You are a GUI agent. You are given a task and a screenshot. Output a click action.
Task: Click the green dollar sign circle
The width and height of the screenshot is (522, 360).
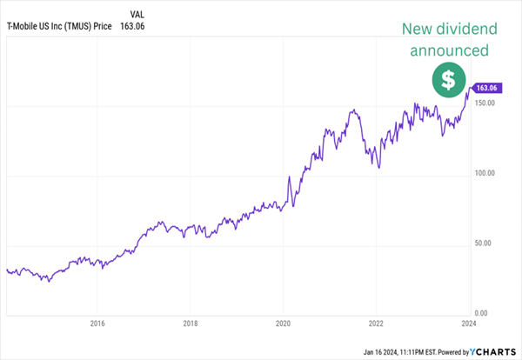[x=448, y=81]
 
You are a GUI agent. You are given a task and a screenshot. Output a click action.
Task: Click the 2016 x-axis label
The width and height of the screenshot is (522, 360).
[x=97, y=325]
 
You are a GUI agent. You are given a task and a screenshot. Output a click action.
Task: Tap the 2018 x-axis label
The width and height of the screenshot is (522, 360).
[x=191, y=325]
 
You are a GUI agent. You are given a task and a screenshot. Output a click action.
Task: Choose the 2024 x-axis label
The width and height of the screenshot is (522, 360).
[x=468, y=325]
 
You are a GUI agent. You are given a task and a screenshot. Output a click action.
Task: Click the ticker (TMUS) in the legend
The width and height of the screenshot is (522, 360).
[x=91, y=26]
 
